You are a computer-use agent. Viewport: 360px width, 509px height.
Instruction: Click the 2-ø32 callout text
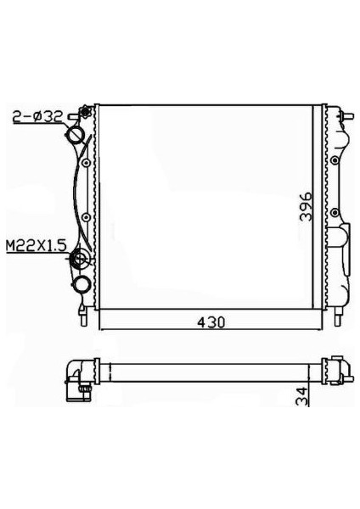[37, 117]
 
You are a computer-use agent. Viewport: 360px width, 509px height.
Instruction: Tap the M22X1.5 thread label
[37, 245]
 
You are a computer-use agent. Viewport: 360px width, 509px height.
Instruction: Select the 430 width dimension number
[211, 322]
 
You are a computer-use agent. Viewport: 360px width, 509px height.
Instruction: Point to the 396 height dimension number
[306, 207]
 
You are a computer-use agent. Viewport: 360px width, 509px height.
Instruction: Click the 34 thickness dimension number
[303, 395]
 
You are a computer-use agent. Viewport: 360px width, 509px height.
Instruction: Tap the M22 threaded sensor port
[80, 259]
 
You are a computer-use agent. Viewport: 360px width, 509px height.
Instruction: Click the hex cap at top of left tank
[86, 111]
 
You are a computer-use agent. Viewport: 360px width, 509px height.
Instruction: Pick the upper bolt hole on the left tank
[86, 163]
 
